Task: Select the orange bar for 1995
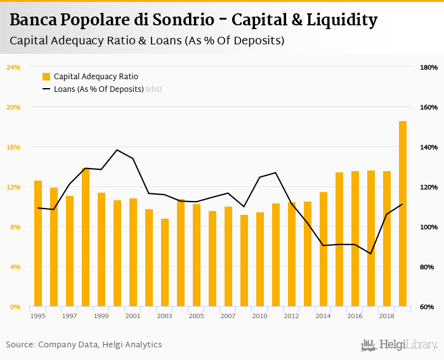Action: tap(38, 243)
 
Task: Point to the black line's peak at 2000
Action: tap(117, 150)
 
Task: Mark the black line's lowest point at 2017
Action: tap(371, 254)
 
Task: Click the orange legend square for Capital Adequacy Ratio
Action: tap(46, 77)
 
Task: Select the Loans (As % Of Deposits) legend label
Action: tap(98, 89)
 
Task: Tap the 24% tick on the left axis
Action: tap(13, 67)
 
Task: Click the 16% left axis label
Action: tap(13, 147)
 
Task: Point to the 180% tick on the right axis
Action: tap(429, 67)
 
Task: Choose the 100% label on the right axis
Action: tap(429, 227)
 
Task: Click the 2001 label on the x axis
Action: tap(133, 316)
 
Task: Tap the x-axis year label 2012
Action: tap(291, 316)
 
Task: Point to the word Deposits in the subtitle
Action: tap(256, 41)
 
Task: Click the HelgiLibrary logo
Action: tap(400, 345)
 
